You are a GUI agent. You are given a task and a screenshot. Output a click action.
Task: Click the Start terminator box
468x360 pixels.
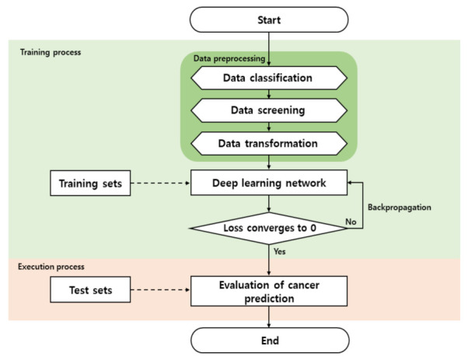268,19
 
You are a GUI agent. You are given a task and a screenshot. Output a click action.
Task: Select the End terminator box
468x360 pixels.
268,340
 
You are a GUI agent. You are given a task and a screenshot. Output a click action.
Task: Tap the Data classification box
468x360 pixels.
268,78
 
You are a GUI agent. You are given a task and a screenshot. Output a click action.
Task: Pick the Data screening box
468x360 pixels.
268,110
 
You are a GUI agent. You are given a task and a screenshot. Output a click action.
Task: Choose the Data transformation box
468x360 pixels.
268,143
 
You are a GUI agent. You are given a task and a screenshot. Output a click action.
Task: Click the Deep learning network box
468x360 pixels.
268,184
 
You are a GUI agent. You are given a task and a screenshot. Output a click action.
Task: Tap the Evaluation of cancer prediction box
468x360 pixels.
268,290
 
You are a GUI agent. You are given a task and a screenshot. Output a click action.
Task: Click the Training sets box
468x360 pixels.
88,184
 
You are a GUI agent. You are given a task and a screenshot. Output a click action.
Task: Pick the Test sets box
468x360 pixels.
88,290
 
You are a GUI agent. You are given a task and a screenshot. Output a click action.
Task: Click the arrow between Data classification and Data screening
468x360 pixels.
268,94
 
